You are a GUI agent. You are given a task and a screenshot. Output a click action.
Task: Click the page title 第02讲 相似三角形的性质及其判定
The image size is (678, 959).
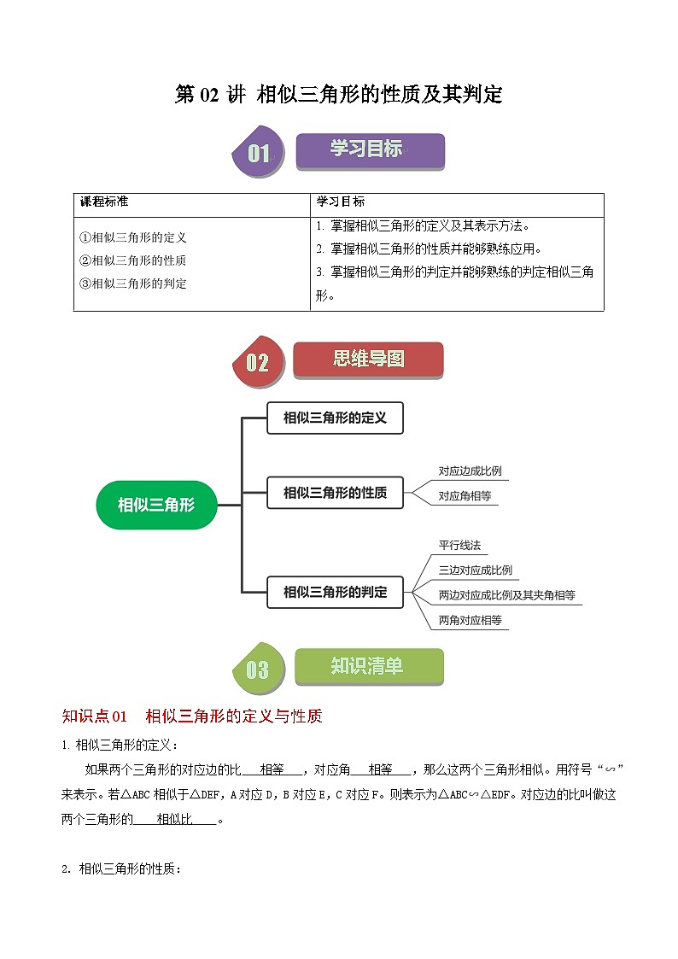pos(338,94)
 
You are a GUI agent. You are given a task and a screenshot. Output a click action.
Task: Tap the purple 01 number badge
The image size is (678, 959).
pos(258,153)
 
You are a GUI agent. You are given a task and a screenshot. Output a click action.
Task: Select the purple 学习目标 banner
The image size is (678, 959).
pos(370,150)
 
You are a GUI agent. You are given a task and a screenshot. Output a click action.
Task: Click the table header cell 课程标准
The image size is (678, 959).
pos(104,202)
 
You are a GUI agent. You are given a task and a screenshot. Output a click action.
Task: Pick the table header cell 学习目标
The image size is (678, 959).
pos(341,202)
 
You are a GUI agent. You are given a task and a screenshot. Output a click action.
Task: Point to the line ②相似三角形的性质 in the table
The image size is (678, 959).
pos(132,260)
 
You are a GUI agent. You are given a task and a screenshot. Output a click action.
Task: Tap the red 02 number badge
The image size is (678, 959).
pos(257,362)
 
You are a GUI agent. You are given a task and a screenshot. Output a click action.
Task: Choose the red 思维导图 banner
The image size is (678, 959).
pos(368,360)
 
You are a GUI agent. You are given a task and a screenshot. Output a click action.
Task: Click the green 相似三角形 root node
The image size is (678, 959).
pos(156,505)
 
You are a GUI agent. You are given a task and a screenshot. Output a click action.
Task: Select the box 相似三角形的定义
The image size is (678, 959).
pos(335,418)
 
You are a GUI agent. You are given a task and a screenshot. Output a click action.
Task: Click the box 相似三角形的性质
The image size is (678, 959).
pos(335,493)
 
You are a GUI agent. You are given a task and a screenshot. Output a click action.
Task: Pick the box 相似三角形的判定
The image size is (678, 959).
pos(335,592)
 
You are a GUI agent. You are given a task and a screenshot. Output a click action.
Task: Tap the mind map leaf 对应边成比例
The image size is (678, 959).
pos(470,471)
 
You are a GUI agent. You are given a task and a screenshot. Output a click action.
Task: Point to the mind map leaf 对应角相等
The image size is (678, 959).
pos(465,495)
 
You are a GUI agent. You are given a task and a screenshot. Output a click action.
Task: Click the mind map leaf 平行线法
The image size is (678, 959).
pos(461,545)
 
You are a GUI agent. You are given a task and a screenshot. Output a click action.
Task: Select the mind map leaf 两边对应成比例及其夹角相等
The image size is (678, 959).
pos(506,594)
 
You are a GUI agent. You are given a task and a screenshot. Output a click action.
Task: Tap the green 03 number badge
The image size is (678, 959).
pos(257,669)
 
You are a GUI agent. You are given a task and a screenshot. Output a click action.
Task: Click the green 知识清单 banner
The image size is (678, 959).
pos(368,666)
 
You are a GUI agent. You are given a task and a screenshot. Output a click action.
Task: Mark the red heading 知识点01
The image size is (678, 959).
pos(94,716)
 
